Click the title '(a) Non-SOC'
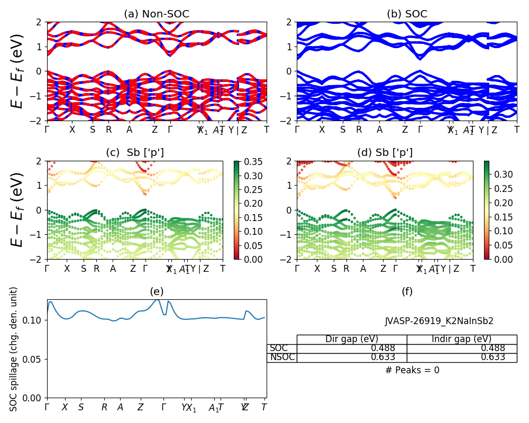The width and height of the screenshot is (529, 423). click(157, 14)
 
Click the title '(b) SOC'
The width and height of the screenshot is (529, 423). click(407, 14)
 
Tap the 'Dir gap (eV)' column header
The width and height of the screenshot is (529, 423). click(351, 339)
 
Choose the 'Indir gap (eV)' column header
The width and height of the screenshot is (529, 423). click(461, 339)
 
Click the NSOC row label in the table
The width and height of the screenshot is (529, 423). click(281, 357)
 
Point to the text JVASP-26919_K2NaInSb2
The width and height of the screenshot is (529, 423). click(439, 321)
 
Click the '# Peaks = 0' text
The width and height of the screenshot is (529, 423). click(412, 371)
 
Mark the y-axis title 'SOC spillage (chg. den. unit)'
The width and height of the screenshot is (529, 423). click(14, 349)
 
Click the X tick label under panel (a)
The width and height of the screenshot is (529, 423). click(72, 130)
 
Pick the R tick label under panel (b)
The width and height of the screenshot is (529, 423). click(359, 130)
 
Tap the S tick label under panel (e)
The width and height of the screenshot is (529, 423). click(81, 408)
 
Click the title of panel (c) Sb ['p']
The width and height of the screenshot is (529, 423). click(135, 153)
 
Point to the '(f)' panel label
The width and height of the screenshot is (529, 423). click(407, 291)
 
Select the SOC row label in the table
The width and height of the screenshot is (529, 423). click(279, 348)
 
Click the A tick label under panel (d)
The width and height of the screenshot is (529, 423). click(363, 269)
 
